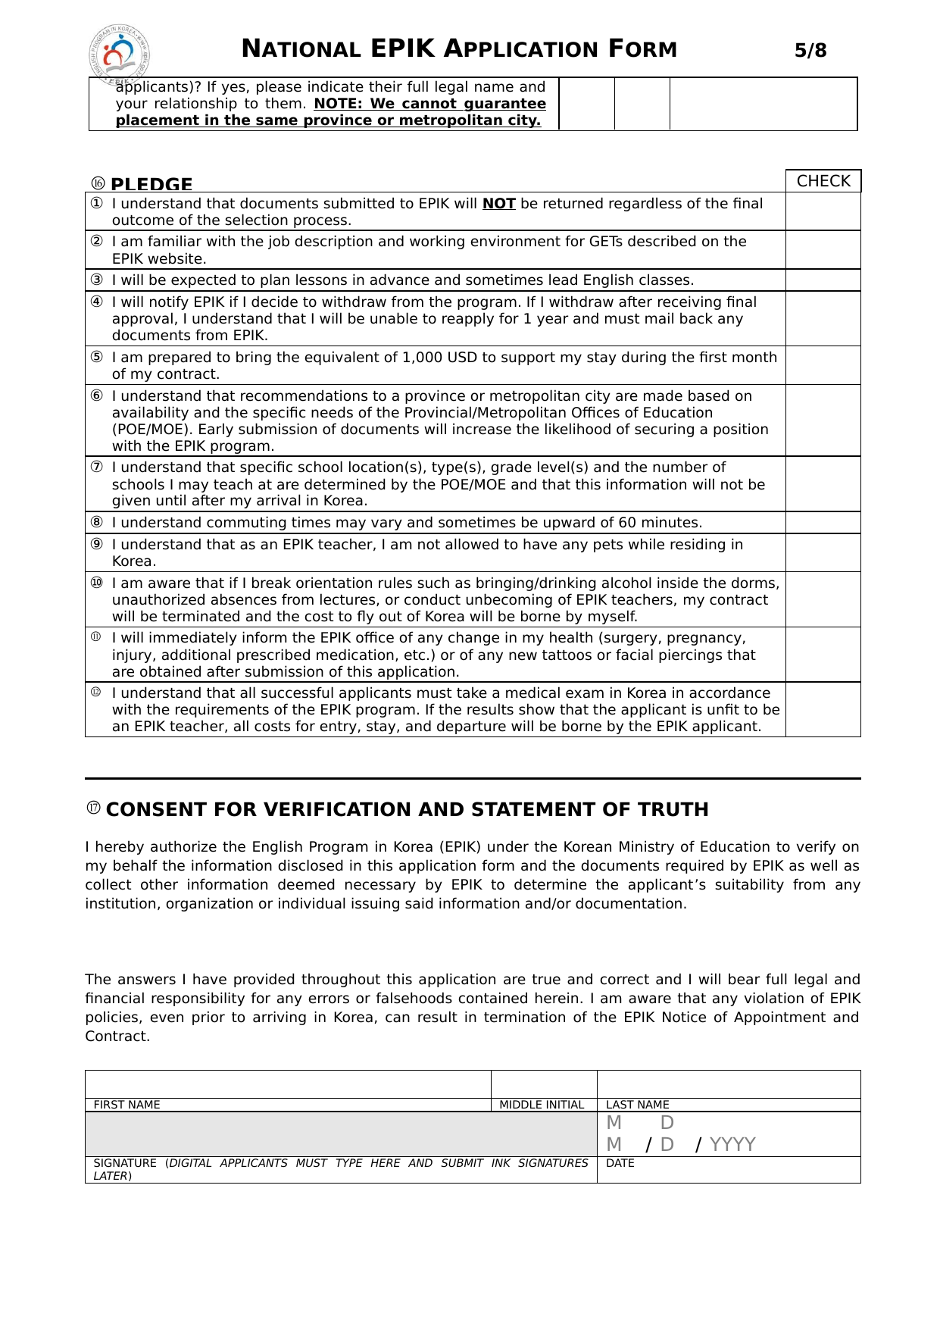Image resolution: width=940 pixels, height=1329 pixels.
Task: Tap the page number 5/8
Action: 810,51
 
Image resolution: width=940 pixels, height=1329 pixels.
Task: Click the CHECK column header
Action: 823,181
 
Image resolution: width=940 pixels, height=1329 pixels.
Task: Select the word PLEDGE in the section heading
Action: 151,184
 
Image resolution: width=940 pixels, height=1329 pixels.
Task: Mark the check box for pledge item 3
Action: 823,280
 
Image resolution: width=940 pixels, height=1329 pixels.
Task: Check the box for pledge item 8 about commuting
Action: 823,523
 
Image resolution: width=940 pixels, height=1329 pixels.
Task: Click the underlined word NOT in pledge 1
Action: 499,204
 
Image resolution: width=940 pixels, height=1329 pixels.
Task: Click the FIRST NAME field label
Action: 126,1105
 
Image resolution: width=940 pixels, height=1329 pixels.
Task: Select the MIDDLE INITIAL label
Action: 542,1105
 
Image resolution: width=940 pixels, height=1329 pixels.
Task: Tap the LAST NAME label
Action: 638,1105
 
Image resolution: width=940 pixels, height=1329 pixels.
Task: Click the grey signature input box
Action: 341,1134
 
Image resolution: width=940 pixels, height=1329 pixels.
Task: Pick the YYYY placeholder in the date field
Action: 732,1144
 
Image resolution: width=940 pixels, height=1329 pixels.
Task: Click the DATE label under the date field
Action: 620,1163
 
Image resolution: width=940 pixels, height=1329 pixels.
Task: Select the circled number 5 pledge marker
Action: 97,358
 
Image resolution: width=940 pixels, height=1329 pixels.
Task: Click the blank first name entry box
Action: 288,1084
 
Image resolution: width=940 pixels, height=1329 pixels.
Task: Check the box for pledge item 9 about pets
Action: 823,552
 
